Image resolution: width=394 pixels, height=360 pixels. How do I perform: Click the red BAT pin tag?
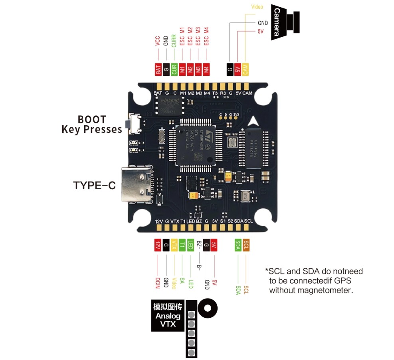(158, 69)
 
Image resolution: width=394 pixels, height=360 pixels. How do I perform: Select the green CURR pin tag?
(174, 69)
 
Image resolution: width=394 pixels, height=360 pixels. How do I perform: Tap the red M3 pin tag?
(198, 69)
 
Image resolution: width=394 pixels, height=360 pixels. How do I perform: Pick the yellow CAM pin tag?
(245, 69)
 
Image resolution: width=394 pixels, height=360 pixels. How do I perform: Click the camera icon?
(285, 22)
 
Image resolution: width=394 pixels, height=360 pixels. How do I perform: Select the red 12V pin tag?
(158, 245)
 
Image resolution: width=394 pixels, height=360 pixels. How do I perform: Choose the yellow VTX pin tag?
(174, 245)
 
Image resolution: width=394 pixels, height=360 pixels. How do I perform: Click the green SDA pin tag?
(238, 245)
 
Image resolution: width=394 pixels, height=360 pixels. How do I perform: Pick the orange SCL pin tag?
(246, 245)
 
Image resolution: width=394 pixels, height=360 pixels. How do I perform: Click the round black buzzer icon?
(208, 308)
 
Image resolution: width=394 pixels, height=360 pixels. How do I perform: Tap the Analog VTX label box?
(168, 316)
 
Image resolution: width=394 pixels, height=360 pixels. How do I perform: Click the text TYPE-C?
(94, 186)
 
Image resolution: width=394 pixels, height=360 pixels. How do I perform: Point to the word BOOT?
(92, 119)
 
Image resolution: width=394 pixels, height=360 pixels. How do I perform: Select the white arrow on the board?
(253, 121)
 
